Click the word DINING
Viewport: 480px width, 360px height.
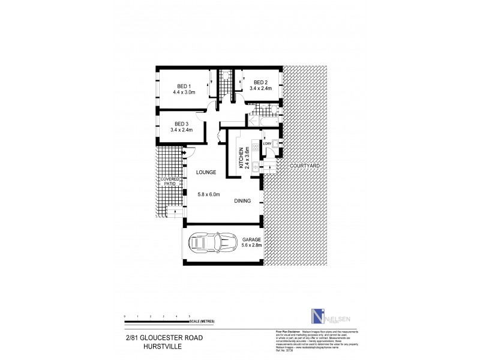[243, 202]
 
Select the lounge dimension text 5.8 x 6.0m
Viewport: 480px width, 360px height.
[209, 194]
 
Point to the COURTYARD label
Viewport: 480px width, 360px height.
[300, 166]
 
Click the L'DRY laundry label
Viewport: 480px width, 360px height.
[268, 143]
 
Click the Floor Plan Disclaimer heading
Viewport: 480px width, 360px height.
[283, 331]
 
